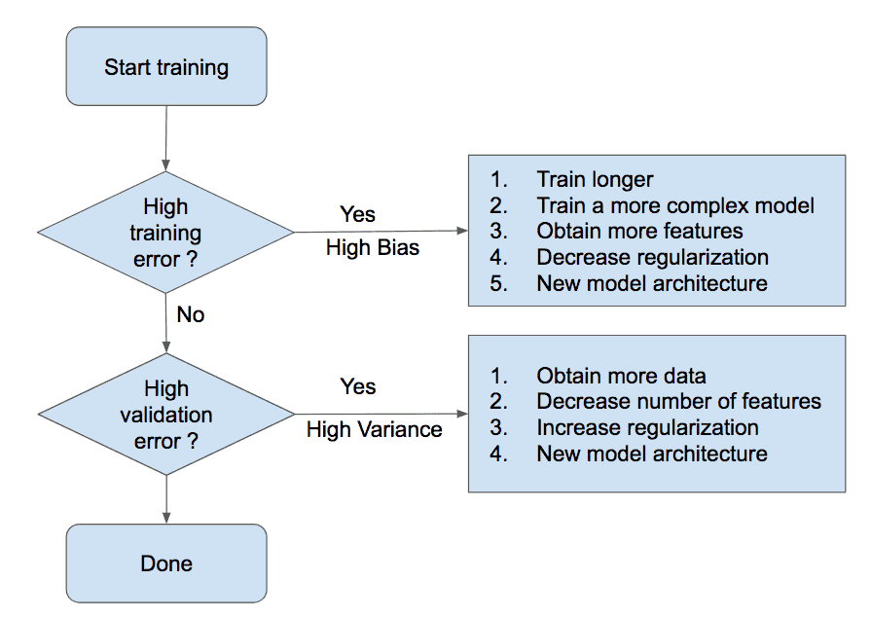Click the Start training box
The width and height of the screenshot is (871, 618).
(x=166, y=66)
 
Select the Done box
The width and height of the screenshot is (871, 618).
(x=166, y=563)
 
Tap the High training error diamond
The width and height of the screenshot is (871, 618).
(x=165, y=233)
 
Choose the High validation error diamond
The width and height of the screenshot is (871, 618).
(x=166, y=414)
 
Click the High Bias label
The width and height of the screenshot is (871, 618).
(x=372, y=248)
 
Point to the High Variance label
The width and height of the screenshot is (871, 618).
(x=374, y=429)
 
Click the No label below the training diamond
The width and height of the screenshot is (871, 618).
(x=191, y=314)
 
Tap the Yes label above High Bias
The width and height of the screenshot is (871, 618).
(x=357, y=214)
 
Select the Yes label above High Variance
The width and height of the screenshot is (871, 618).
(x=358, y=386)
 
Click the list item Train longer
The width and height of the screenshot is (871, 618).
(x=595, y=179)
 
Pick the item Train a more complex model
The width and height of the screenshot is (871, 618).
(x=675, y=205)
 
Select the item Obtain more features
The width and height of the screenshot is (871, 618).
(x=639, y=232)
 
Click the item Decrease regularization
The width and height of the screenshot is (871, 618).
(x=652, y=257)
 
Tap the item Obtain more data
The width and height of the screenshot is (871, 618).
(x=621, y=376)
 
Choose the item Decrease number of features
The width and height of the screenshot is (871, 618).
(x=678, y=401)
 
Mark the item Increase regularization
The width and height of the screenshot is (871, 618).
(x=647, y=427)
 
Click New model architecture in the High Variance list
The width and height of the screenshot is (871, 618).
(x=652, y=454)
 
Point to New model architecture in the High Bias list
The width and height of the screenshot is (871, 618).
(x=652, y=283)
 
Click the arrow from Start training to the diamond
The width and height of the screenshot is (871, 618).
(x=165, y=138)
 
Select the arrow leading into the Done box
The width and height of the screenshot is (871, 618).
(x=166, y=499)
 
